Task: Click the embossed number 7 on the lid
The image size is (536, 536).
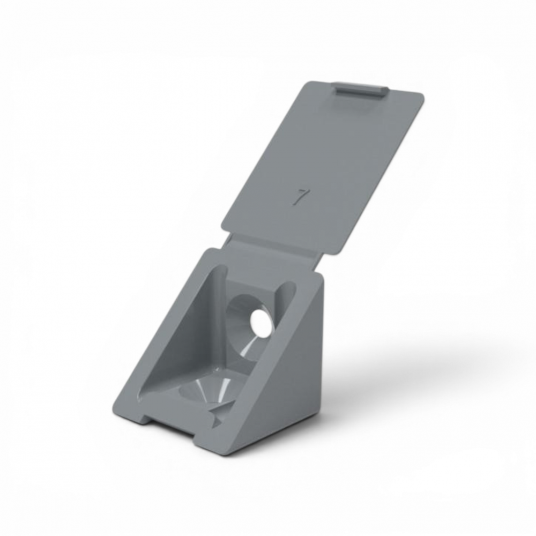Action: [300, 198]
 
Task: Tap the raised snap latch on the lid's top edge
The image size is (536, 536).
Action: [361, 92]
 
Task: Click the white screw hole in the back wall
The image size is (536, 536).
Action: [259, 321]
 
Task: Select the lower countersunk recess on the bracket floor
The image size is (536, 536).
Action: [209, 390]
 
